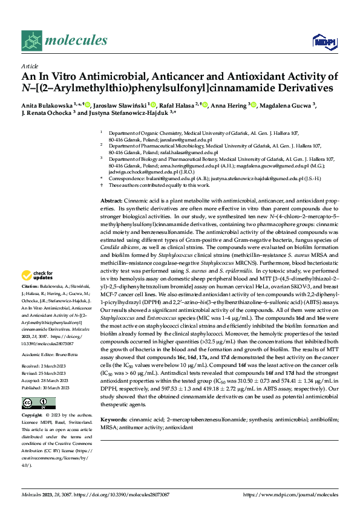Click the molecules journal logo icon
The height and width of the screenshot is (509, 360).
pos(31,40)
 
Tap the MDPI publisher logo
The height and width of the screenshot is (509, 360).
pos(321,41)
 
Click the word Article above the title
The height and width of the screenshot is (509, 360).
pos(29,66)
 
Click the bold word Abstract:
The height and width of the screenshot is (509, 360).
pos(111,200)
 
